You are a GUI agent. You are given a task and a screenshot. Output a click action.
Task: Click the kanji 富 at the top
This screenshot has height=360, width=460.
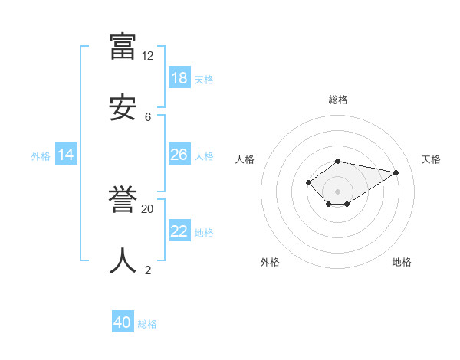[x=123, y=46]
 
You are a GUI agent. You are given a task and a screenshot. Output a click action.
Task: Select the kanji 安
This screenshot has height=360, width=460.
[x=123, y=107]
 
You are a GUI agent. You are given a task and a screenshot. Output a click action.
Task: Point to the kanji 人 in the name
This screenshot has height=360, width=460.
[x=123, y=260]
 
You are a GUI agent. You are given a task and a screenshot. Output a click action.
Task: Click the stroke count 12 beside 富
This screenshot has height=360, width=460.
[x=147, y=56]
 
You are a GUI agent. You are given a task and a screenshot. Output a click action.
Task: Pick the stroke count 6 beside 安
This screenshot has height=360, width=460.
[x=147, y=117]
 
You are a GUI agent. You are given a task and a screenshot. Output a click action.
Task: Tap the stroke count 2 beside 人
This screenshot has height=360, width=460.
[x=147, y=270]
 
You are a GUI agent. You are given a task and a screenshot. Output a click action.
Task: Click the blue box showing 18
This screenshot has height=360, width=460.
[x=179, y=78]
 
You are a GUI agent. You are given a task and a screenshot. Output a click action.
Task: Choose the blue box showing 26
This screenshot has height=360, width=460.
[x=179, y=155]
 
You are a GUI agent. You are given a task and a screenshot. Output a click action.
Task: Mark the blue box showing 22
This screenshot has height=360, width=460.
[x=179, y=231]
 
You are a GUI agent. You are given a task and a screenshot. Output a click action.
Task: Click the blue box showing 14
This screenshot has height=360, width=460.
[x=66, y=155]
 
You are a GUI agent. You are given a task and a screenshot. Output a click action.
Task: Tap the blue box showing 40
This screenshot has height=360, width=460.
[x=123, y=322]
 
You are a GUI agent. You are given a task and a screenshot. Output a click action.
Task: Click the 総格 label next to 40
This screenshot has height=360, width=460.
[x=147, y=324]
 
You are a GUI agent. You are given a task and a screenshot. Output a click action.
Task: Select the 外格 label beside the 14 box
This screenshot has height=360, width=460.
[x=41, y=156]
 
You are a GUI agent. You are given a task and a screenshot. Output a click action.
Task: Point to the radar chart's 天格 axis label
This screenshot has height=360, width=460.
[x=431, y=159]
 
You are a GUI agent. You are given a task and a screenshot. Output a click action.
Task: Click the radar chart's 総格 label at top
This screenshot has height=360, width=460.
[x=338, y=100]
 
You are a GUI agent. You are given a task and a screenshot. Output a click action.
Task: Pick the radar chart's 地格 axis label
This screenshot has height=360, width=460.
[x=402, y=262]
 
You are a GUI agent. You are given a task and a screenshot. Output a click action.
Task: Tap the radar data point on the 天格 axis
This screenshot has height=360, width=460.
[x=396, y=172]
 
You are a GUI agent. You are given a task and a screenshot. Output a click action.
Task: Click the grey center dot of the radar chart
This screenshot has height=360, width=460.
[x=338, y=191]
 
